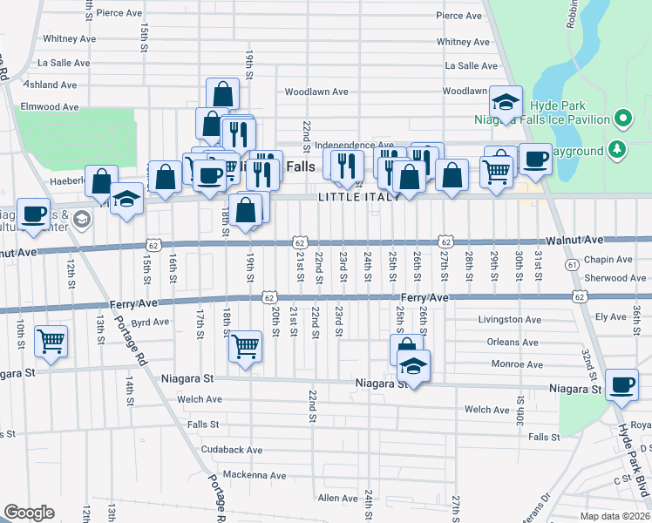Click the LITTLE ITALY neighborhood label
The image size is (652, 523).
pyautogui.click(x=359, y=197)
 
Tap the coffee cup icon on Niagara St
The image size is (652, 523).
pyautogui.click(x=623, y=384)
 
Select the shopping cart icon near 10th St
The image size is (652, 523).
pyautogui.click(x=51, y=340)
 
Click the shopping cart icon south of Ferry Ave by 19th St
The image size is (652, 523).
pyautogui.click(x=245, y=346)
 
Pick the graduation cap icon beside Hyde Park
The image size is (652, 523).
pyautogui.click(x=506, y=102)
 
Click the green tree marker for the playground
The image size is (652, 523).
pyautogui.click(x=618, y=149)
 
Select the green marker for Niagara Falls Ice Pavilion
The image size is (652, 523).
pyautogui.click(x=622, y=118)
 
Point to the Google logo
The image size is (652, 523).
pyautogui.click(x=29, y=513)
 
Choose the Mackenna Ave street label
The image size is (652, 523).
pyautogui.click(x=230, y=475)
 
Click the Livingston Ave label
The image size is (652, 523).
pyautogui.click(x=509, y=320)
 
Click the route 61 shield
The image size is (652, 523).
pyautogui.click(x=572, y=264)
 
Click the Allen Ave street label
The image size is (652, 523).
pyautogui.click(x=338, y=498)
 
